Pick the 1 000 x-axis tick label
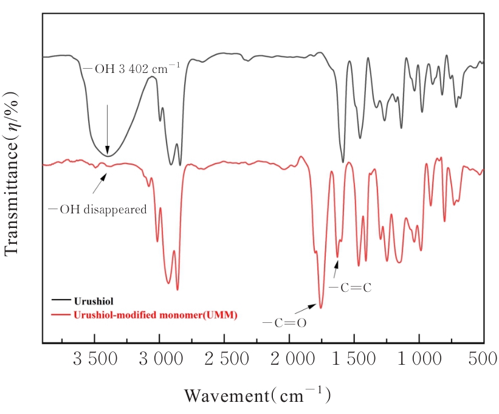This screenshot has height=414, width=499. pos(419,360)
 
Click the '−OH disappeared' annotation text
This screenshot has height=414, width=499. pos(98,210)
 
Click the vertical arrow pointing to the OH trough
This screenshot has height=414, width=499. pos(108,129)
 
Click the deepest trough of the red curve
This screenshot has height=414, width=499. pos(321,307)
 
